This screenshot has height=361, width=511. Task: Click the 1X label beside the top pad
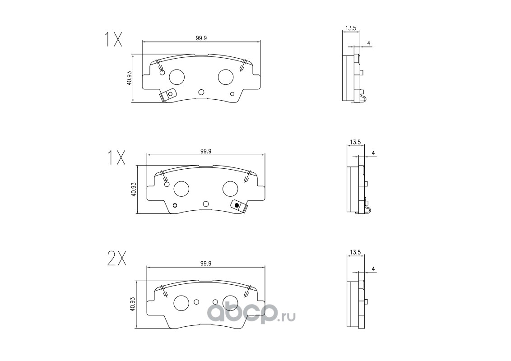(113, 39)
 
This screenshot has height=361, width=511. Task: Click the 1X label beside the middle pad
(116, 157)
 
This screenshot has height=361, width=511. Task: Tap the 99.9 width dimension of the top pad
(201, 38)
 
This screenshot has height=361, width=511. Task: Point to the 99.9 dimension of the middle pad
(206, 152)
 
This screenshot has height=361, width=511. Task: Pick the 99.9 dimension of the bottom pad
(206, 264)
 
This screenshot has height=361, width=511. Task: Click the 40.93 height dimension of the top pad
(129, 78)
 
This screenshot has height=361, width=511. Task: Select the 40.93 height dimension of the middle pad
(133, 190)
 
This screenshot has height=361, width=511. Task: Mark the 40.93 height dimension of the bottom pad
(133, 302)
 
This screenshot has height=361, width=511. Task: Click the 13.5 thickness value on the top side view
(351, 28)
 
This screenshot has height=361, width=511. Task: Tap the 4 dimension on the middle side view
(373, 153)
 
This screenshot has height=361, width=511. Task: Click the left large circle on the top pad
(177, 77)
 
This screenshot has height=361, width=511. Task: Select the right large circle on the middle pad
(230, 189)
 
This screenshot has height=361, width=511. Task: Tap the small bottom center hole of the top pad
(201, 93)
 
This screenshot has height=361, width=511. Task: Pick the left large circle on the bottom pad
(181, 303)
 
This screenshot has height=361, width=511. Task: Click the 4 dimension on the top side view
(369, 43)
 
